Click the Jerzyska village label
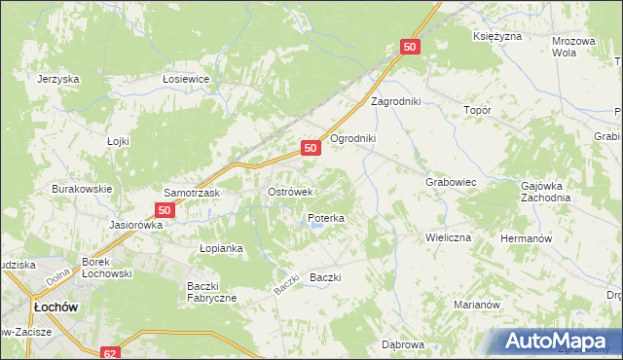click(x=56, y=80)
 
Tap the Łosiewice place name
click(x=187, y=80)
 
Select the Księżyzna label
click(x=497, y=36)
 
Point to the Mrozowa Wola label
click(x=572, y=47)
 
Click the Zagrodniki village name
click(x=394, y=101)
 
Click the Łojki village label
click(x=118, y=141)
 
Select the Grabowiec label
click(x=450, y=182)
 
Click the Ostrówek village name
click(x=290, y=192)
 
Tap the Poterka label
click(x=326, y=219)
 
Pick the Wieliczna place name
click(x=448, y=237)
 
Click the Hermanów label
click(x=526, y=238)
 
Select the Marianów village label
click(x=477, y=305)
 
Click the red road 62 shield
click(x=109, y=352)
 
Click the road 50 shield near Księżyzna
click(x=409, y=46)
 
